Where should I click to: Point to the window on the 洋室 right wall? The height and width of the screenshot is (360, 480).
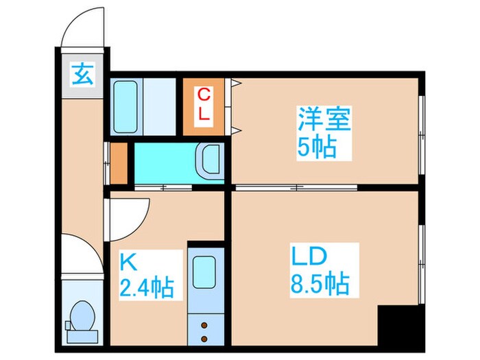click(421, 130)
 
